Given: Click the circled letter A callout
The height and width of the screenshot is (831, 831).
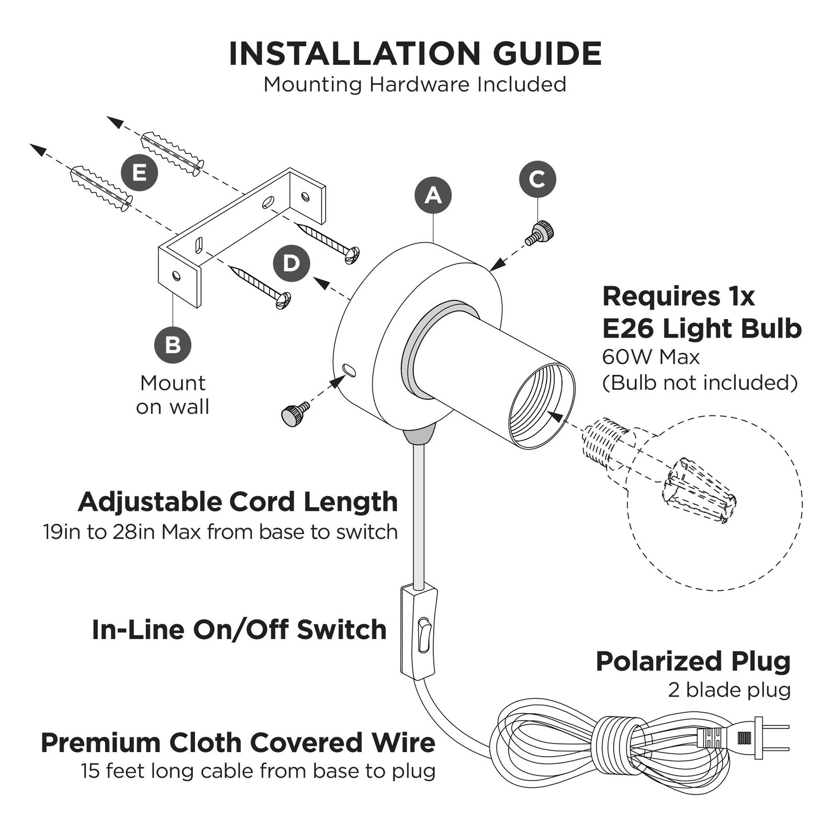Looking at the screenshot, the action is pyautogui.click(x=433, y=195).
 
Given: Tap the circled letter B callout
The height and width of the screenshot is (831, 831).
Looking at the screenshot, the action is pyautogui.click(x=173, y=345).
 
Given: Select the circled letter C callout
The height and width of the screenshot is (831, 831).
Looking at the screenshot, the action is pyautogui.click(x=537, y=179).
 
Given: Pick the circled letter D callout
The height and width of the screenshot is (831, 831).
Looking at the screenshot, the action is pyautogui.click(x=291, y=263).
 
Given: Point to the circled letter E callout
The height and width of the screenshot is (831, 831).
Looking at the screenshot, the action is pyautogui.click(x=139, y=172).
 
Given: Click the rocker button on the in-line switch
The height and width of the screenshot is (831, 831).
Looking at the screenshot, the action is pyautogui.click(x=423, y=635).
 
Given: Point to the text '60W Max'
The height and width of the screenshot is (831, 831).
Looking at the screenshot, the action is pyautogui.click(x=650, y=357).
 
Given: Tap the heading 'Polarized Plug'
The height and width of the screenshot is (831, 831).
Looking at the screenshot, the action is pyautogui.click(x=693, y=662).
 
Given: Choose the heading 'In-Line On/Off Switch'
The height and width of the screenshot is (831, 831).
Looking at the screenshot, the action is pyautogui.click(x=239, y=630).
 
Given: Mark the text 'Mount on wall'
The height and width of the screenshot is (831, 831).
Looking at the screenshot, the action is pyautogui.click(x=173, y=395).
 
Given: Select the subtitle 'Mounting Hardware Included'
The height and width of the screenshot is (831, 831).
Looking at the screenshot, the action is pyautogui.click(x=415, y=84).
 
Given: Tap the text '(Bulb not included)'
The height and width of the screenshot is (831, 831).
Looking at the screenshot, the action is pyautogui.click(x=700, y=383).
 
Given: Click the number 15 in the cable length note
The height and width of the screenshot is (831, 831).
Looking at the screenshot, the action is pyautogui.click(x=90, y=771).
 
